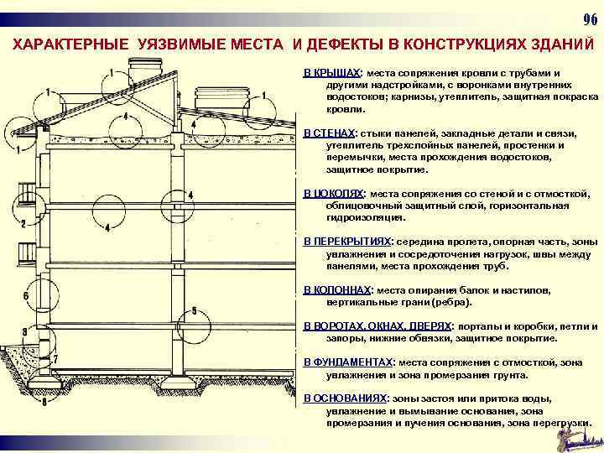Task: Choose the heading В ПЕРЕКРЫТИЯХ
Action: tap(347, 242)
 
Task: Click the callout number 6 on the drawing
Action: tap(27, 296)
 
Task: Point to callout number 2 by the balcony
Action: tap(24, 223)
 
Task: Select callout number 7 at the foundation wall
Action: tap(55, 359)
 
